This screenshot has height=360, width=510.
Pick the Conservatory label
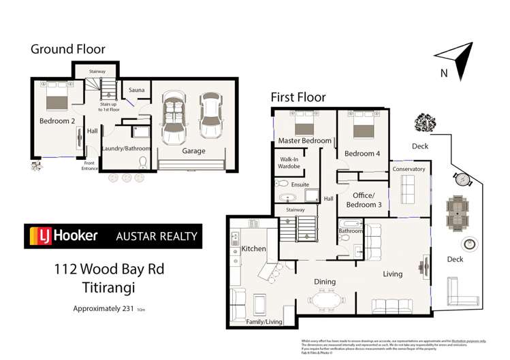coord(409,169)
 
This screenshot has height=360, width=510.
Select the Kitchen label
coord(253,249)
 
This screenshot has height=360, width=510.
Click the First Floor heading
coord(298,97)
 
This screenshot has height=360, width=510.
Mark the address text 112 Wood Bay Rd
coord(109,269)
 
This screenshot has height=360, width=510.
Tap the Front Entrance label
coord(89,165)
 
